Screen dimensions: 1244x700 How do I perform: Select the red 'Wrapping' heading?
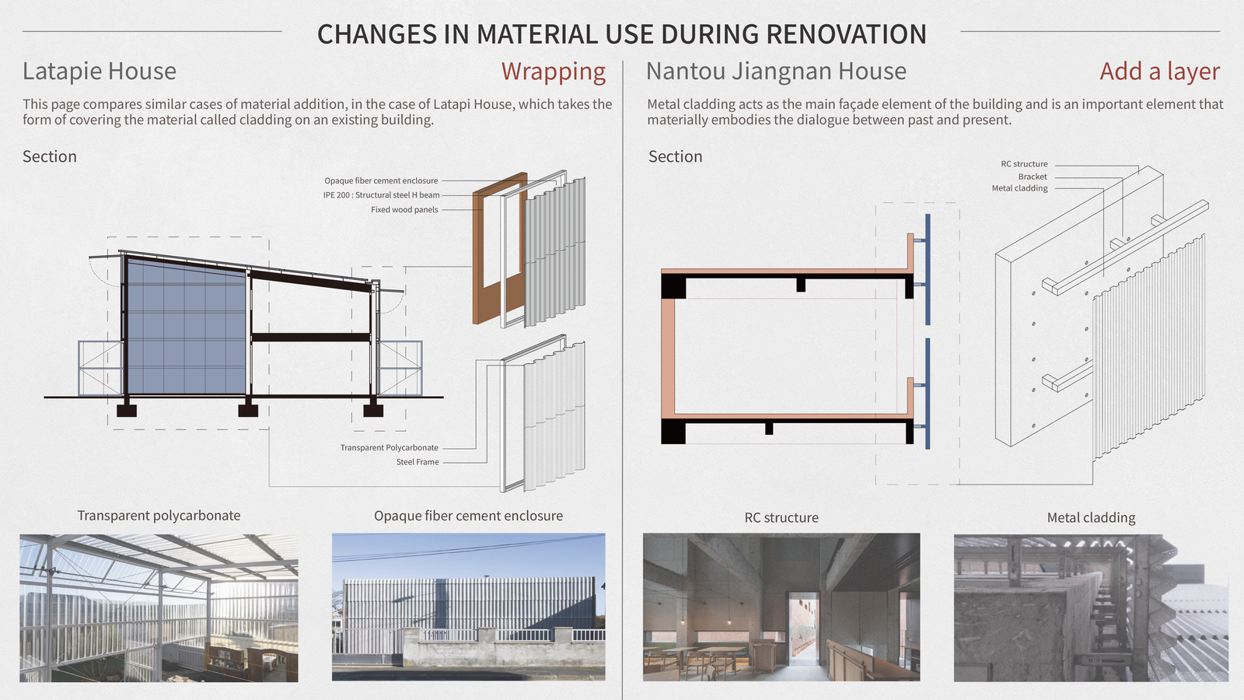[x=553, y=72]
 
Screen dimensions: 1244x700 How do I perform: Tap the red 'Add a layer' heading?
[x=1159, y=71]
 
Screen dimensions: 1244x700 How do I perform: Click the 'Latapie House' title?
[x=100, y=71]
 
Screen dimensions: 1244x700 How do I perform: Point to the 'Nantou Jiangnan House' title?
[x=776, y=71]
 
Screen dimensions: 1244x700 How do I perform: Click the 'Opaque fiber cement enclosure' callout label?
[x=381, y=180]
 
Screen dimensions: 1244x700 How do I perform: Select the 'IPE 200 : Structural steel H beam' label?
[x=381, y=195]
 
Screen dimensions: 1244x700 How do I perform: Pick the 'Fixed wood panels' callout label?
[x=404, y=209]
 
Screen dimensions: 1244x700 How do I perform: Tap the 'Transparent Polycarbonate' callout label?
[x=390, y=448]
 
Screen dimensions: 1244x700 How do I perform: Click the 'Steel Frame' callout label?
[x=418, y=462]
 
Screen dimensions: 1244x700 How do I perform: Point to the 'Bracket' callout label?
[x=1033, y=177]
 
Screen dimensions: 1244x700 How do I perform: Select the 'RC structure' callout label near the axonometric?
[x=1024, y=164]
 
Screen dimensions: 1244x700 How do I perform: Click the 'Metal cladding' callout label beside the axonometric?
[x=1019, y=188]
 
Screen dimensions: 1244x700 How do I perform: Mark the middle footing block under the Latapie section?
[x=248, y=411]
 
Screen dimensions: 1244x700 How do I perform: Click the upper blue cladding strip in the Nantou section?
[x=928, y=269]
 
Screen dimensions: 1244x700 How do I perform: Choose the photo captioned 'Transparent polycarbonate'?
[x=159, y=608]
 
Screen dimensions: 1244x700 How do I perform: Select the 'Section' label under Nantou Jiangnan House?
[x=676, y=156]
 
